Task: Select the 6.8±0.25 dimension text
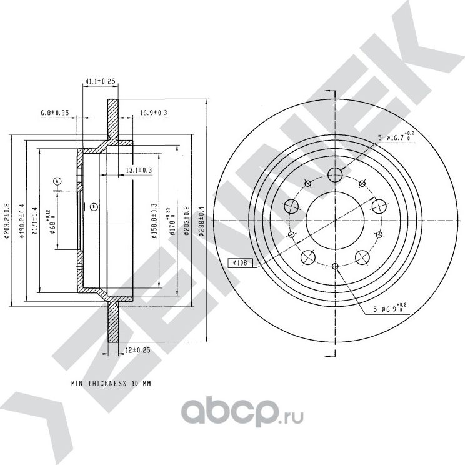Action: click(x=54, y=112)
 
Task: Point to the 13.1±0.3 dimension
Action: click(x=139, y=170)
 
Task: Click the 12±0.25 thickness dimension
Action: click(x=137, y=351)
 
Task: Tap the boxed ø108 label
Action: click(x=241, y=263)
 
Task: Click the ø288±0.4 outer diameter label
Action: click(x=201, y=222)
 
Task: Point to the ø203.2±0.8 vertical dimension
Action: click(x=7, y=222)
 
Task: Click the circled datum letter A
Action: click(x=57, y=181)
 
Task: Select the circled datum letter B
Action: click(x=93, y=206)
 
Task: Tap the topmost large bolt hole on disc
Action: click(x=336, y=174)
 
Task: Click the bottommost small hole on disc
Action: click(x=336, y=267)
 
